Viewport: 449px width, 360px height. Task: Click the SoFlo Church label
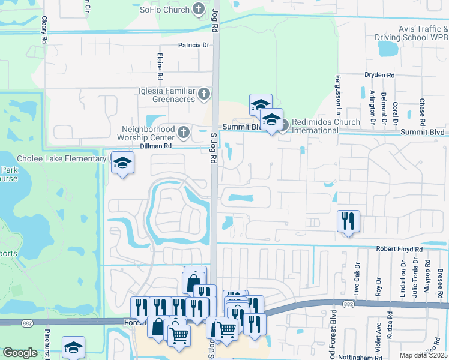[x=164, y=10]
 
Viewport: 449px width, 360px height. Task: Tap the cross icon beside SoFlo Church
[x=199, y=9]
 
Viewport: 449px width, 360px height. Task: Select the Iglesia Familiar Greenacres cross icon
[x=204, y=94]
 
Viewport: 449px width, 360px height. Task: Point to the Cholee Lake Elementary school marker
[x=122, y=163]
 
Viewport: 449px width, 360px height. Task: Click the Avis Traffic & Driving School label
[x=423, y=33]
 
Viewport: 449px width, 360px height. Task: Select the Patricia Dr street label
[x=193, y=45]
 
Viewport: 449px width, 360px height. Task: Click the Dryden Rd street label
[x=379, y=75]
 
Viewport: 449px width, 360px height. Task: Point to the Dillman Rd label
[x=155, y=146]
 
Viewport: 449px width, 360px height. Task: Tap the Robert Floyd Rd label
[x=399, y=248]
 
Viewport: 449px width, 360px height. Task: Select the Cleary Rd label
[x=44, y=29]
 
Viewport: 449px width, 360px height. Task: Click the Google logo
[x=20, y=353]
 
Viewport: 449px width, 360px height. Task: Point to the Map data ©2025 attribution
[x=423, y=355]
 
